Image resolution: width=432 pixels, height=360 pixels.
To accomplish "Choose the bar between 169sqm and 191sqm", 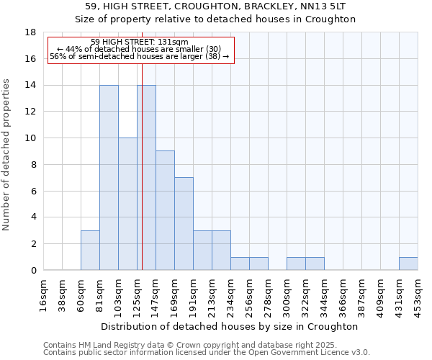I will click(184, 224).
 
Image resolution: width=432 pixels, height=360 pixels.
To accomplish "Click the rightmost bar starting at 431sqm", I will click(408, 264).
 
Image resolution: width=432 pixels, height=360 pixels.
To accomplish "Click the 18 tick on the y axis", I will click(31, 32).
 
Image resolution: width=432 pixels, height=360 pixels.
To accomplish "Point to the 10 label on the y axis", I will click(31, 138).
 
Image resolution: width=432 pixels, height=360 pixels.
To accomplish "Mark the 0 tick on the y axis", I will click(33, 271).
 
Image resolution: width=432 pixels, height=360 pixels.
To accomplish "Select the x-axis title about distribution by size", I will click(230, 326).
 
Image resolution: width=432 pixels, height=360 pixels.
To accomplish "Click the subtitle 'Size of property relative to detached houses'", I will click(215, 19).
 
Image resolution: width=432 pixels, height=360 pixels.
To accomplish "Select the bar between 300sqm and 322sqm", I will click(296, 264).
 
